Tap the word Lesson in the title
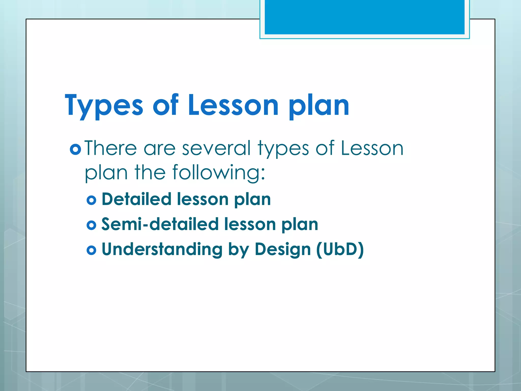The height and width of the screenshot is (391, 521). tap(234, 105)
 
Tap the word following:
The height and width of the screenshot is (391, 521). tap(219, 173)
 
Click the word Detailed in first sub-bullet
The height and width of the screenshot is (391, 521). tap(136, 199)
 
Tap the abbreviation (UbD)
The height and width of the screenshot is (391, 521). tap(340, 249)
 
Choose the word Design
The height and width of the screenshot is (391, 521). tap(283, 249)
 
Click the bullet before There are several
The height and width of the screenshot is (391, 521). tap(75, 149)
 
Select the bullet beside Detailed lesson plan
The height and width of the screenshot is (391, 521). tap(91, 200)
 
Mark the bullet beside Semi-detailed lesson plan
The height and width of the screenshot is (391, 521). tap(91, 225)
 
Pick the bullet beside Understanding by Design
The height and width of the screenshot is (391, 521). tap(91, 250)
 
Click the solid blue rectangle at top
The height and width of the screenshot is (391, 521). tap(364, 17)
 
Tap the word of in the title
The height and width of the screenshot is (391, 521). tap(166, 105)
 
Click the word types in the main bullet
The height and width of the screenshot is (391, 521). tap(283, 148)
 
